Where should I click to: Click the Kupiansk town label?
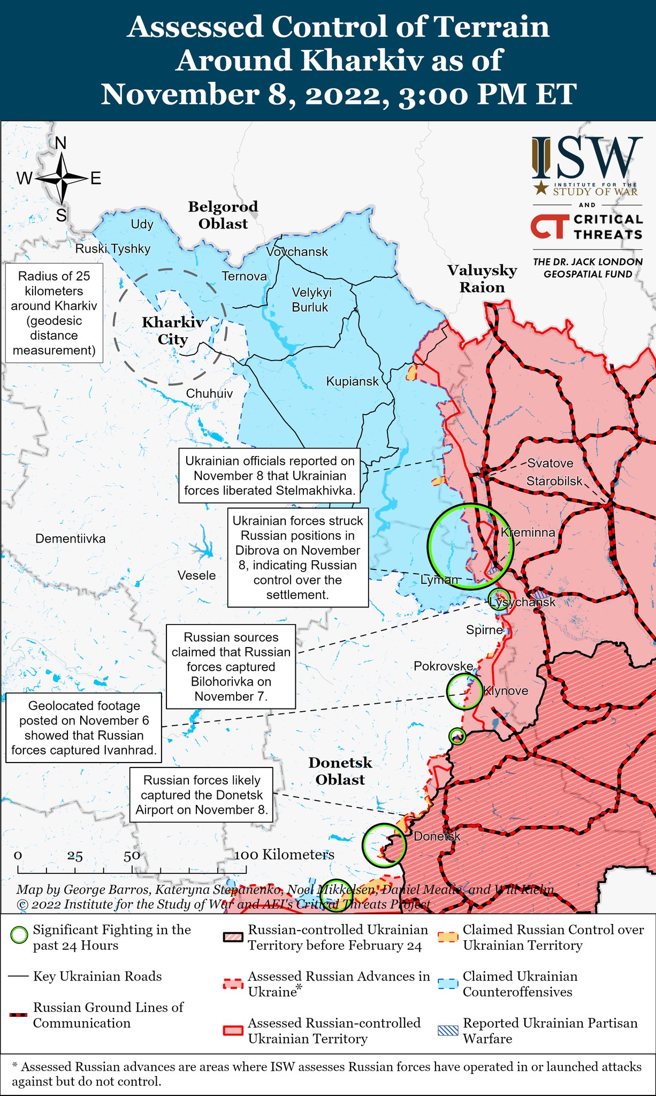pos(352,382)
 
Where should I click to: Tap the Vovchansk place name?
pos(297,252)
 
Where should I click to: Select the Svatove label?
pos(550,463)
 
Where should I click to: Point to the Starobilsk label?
pos(554,481)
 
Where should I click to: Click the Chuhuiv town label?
pos(209,393)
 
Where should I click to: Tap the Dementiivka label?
pos(70,538)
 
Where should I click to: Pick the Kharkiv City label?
pos(172,331)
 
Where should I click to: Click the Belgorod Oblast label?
pos(223,215)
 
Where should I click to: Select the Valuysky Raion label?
pos(482,278)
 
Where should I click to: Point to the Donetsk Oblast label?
pos(340,771)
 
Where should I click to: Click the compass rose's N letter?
pos(61,143)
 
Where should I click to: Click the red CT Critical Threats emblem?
pos(547,227)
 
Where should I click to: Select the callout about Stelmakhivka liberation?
pos(270,476)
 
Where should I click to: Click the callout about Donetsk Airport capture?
pos(201,795)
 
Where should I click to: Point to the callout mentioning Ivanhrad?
pos(84,728)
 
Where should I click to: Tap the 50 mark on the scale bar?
pos(132,855)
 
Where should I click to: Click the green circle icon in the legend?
pos(19,935)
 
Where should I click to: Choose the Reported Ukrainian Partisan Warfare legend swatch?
pos(448,1030)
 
